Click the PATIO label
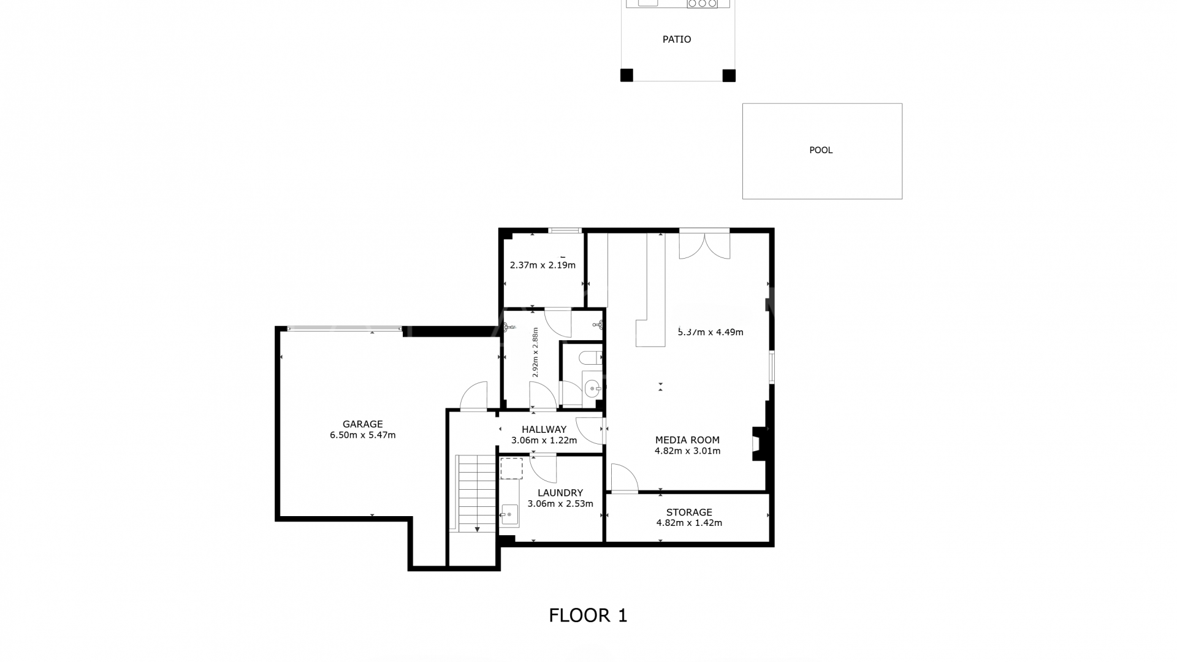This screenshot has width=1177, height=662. tap(677, 39)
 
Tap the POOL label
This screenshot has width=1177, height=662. tap(821, 150)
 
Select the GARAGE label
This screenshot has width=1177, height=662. tap(362, 424)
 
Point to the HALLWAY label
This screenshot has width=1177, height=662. tap(544, 430)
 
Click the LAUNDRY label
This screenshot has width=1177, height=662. tap(560, 493)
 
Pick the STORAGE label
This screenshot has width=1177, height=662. tap(689, 512)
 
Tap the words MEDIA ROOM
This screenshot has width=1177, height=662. tap(687, 440)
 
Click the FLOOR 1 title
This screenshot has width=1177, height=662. tap(588, 615)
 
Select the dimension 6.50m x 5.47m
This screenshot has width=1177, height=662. tap(362, 435)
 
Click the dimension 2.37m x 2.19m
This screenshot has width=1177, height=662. tap(543, 265)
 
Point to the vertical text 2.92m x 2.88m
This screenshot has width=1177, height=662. tap(535, 352)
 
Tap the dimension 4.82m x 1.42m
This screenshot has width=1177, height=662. tap(689, 523)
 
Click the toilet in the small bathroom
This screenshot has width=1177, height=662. tap(590, 357)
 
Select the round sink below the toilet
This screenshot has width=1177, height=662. tap(592, 387)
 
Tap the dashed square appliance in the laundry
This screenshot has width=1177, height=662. tap(511, 468)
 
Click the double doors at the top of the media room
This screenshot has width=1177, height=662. tap(704, 245)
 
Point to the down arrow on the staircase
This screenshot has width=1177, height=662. tap(477, 528)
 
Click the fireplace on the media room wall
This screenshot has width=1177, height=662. tap(758, 443)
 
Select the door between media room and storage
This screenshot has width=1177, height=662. tap(624, 479)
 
